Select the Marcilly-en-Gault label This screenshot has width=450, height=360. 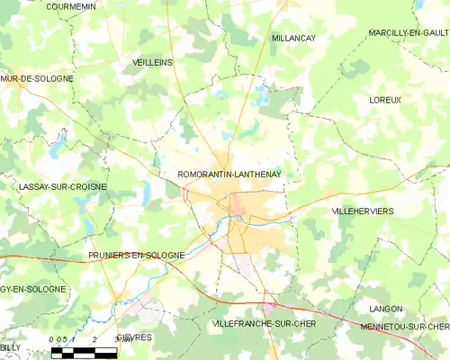tap(409, 33)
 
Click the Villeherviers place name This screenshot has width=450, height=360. tap(363, 210)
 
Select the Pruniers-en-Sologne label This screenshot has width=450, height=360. tap(136, 255)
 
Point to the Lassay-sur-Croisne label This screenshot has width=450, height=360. tap(62, 186)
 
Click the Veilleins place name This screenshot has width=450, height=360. tap(152, 62)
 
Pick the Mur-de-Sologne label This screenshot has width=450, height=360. tap(37, 79)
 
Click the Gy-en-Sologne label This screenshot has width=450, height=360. tap(33, 289)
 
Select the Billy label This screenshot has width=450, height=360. tap(10, 346)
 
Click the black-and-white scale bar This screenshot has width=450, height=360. tap(84, 351)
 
